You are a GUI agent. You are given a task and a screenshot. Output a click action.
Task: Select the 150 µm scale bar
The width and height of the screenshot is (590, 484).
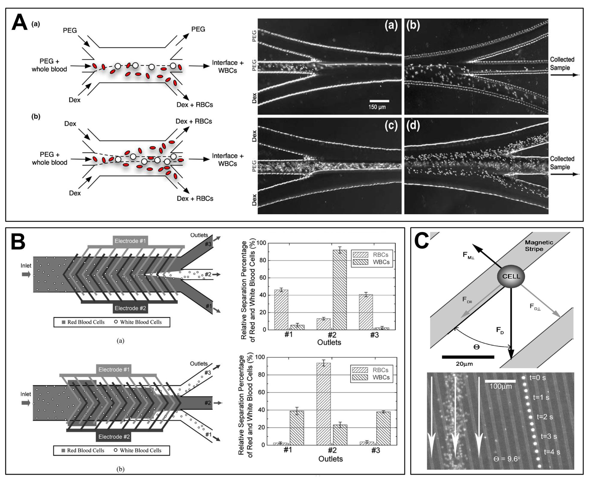(379, 101)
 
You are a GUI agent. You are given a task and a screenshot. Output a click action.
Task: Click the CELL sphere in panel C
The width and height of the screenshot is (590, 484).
(511, 276)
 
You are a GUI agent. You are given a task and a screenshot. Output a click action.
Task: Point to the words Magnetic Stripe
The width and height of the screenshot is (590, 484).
(539, 246)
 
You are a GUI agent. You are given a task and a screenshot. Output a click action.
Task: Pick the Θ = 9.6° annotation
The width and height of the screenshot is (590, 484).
(507, 459)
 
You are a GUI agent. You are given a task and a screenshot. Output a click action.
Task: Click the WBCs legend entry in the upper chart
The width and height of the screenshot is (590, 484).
(372, 262)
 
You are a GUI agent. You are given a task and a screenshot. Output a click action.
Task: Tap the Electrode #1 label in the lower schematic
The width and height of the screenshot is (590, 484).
(114, 369)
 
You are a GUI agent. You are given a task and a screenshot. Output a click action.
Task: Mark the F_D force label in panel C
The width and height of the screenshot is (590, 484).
(500, 331)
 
